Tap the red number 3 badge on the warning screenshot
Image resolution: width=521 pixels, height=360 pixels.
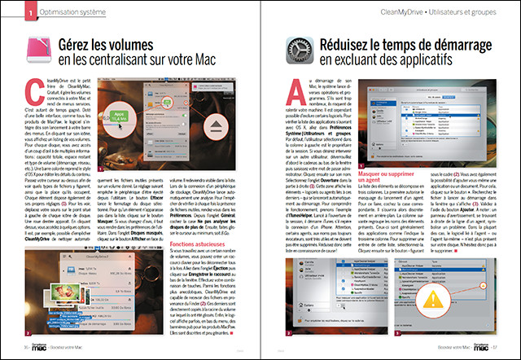(x=397, y=333)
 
